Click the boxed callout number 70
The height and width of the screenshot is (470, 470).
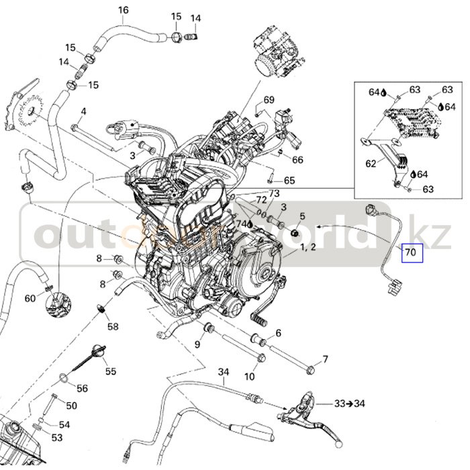tap(410, 253)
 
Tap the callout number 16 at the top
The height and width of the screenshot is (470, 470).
tap(123, 10)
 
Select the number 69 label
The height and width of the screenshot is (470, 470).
tap(269, 100)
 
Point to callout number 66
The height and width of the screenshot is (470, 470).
tap(298, 160)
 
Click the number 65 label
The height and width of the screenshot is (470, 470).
tap(289, 181)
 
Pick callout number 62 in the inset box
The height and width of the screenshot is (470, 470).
tap(371, 162)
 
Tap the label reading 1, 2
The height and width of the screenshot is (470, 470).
tap(309, 248)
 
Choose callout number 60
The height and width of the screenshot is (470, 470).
tap(30, 298)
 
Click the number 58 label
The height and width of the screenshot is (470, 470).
tap(113, 327)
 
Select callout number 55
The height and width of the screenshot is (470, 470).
tap(110, 371)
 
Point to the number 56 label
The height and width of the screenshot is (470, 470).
tap(82, 388)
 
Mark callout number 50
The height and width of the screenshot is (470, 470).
tap(72, 406)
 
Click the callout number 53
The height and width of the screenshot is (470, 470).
tap(57, 438)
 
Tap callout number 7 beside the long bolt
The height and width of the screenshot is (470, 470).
tap(325, 359)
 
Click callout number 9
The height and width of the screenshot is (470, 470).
tap(197, 344)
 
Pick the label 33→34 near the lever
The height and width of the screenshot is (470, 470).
tap(349, 404)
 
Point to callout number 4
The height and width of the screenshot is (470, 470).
tap(84, 111)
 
